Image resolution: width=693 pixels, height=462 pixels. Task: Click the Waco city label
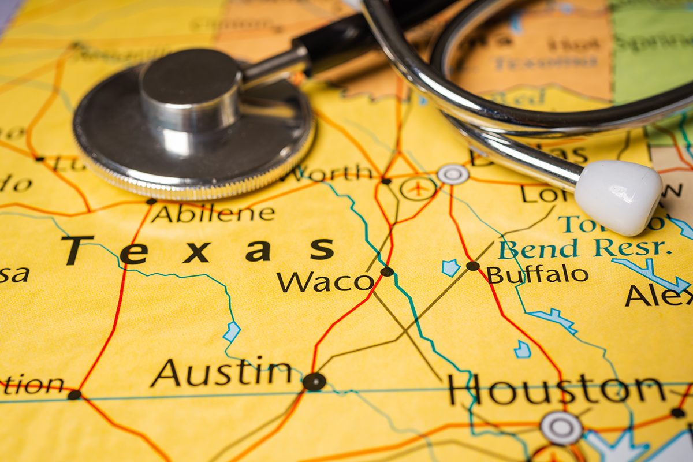(325, 281)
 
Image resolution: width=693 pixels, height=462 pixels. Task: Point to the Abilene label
(213, 214)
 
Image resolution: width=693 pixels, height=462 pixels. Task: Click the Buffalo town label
(537, 274)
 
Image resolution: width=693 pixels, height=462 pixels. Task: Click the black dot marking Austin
(314, 381)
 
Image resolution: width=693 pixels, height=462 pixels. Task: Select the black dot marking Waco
(387, 271)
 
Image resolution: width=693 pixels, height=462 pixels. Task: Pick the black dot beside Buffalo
(473, 266)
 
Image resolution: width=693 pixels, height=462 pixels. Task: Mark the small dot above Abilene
(151, 202)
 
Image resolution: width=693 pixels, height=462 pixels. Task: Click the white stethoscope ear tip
(619, 197)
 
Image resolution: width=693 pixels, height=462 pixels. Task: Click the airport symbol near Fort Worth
(418, 188)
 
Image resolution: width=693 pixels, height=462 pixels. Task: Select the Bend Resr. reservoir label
(585, 248)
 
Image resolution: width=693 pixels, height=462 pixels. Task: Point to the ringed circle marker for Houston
(561, 428)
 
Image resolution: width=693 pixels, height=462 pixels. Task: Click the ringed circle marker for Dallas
(453, 174)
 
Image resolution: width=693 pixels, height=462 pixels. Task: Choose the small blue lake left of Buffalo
(450, 267)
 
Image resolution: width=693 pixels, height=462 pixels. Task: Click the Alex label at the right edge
(658, 295)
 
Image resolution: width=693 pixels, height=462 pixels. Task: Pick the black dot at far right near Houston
(677, 412)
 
